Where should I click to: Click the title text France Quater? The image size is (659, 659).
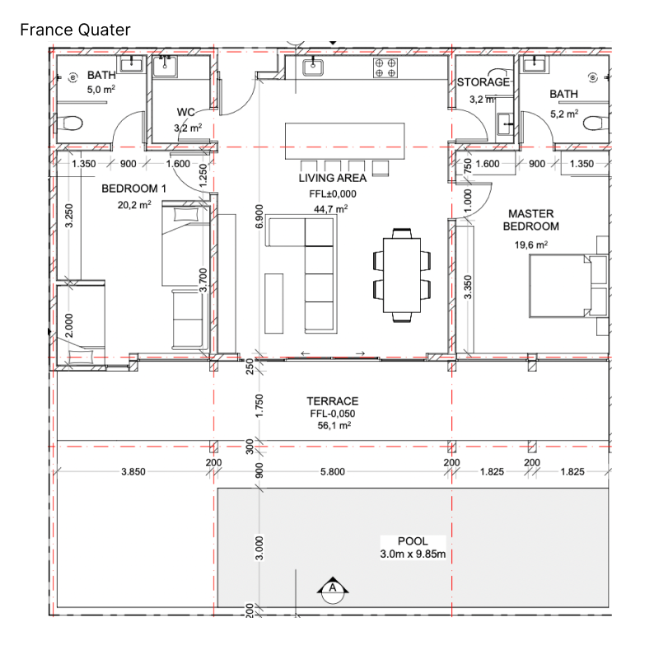point(75,30)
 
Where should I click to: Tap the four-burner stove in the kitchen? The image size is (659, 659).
point(386,68)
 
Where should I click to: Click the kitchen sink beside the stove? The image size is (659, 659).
point(313,68)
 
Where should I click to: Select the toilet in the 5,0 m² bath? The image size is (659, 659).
point(72,124)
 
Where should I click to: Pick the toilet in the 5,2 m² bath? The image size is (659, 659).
point(596,124)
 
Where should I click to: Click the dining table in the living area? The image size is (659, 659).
point(402,275)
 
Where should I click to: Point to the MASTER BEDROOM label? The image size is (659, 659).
point(530,220)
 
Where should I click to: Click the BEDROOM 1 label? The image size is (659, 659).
point(133,189)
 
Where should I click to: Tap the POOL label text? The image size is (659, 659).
point(413,541)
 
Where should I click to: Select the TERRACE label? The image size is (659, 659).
point(333,401)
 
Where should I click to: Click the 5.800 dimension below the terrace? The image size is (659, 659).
point(333,471)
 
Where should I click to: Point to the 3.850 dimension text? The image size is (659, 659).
point(133,471)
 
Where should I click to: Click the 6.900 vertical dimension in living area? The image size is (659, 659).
point(259,217)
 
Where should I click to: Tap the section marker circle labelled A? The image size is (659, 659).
point(333,591)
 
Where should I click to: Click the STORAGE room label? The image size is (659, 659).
point(484,82)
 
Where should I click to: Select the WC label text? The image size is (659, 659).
point(186,112)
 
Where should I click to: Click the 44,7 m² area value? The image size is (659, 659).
point(331,208)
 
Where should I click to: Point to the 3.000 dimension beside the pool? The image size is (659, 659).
point(259,548)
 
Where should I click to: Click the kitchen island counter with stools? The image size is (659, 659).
point(344,141)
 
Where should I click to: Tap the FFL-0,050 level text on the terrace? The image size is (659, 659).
point(333,414)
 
